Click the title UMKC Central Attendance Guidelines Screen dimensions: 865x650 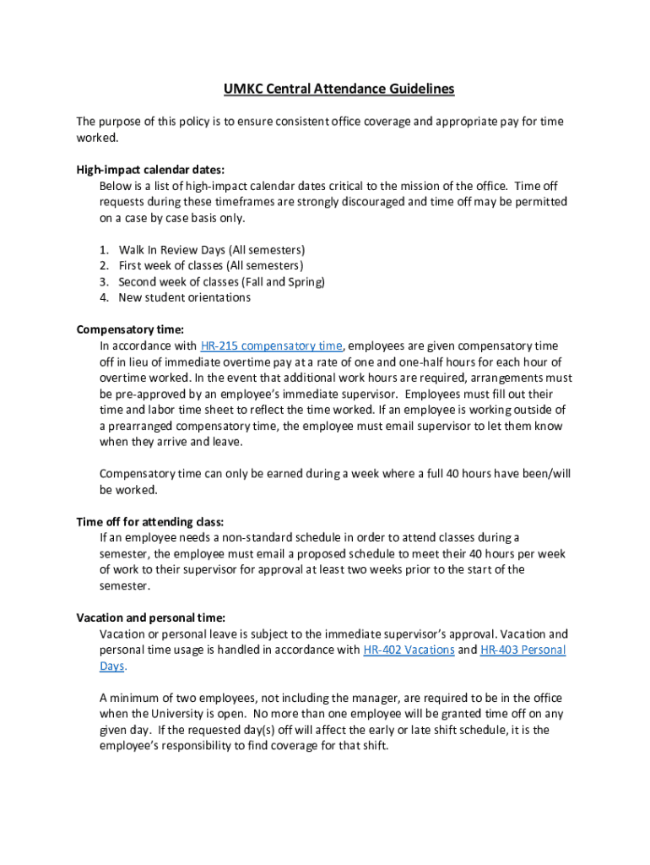pyautogui.click(x=339, y=89)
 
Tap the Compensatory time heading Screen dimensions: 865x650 pyautogui.click(x=130, y=329)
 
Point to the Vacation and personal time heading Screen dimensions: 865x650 pyautogui.click(x=150, y=617)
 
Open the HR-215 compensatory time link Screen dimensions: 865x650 pyautogui.click(x=272, y=345)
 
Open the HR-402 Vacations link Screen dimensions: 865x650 pyautogui.click(x=409, y=650)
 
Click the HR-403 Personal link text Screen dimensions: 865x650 pyautogui.click(x=523, y=650)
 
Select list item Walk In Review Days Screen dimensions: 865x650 pyautogui.click(x=211, y=250)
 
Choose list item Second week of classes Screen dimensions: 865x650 pyautogui.click(x=221, y=282)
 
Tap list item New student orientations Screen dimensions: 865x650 pyautogui.click(x=184, y=297)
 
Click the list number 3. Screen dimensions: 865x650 pyautogui.click(x=104, y=282)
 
